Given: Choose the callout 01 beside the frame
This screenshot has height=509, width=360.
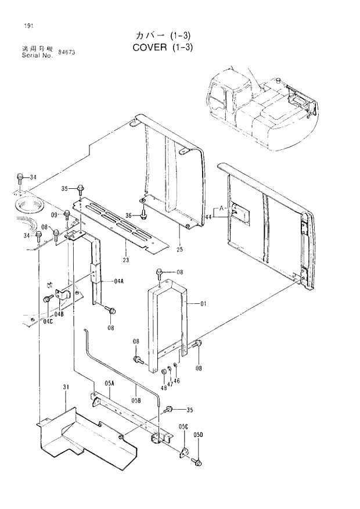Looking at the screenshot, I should (203, 303).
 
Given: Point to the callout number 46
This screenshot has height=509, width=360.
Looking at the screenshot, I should (177, 381).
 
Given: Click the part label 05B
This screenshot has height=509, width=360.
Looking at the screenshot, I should (136, 400).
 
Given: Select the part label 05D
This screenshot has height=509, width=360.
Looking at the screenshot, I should (199, 434).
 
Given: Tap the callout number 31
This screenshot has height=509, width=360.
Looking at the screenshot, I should (66, 388).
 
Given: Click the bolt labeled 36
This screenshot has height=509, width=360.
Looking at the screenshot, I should (143, 216).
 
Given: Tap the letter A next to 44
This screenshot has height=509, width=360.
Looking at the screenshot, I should (221, 207).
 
